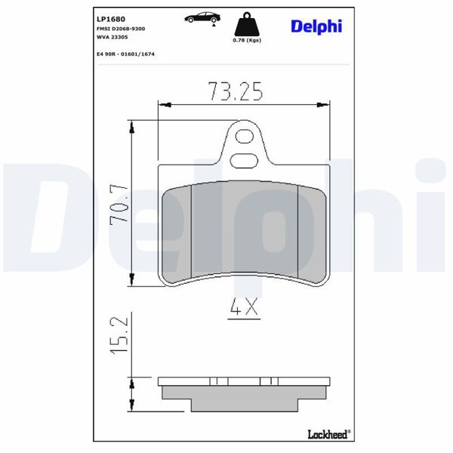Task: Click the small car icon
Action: (202, 17)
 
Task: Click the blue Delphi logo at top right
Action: (316, 26)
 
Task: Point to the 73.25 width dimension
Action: (235, 91)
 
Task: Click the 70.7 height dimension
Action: (118, 203)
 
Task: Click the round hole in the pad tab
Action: (244, 137)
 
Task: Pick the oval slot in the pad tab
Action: (244, 159)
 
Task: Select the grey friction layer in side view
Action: (245, 399)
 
